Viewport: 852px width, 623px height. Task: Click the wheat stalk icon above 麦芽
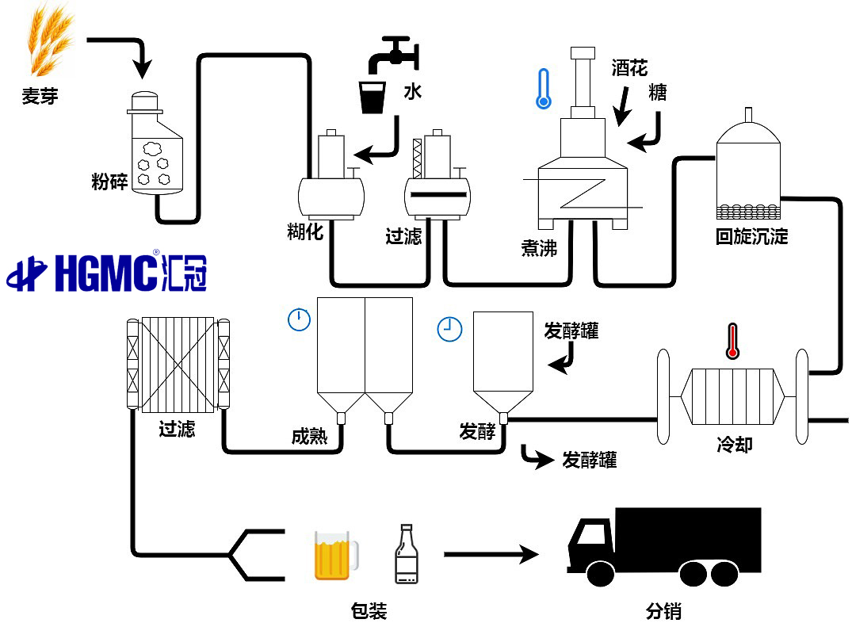50,39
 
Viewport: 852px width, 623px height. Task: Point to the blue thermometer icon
543,88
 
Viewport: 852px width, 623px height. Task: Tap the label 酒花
629,68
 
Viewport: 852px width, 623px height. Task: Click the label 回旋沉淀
751,236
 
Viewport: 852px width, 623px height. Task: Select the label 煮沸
539,248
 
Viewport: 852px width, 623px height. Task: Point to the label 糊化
305,231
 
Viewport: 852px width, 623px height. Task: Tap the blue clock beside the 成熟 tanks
299,319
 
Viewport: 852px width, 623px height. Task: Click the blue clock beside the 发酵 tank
449,329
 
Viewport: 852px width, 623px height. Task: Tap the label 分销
663,611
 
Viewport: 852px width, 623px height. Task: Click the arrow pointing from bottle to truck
491,553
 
